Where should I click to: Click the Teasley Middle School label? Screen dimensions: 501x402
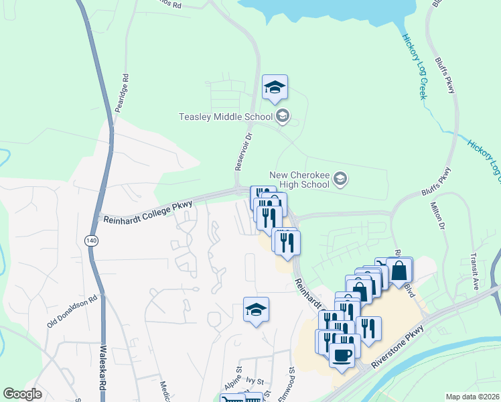click(225, 117)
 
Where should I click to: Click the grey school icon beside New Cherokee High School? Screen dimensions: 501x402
click(341, 178)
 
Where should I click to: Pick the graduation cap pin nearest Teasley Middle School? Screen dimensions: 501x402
click(275, 87)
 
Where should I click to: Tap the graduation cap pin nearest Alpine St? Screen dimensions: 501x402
click(256, 310)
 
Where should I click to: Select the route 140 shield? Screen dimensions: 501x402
click(90, 240)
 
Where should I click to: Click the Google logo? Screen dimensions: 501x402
click(23, 394)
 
